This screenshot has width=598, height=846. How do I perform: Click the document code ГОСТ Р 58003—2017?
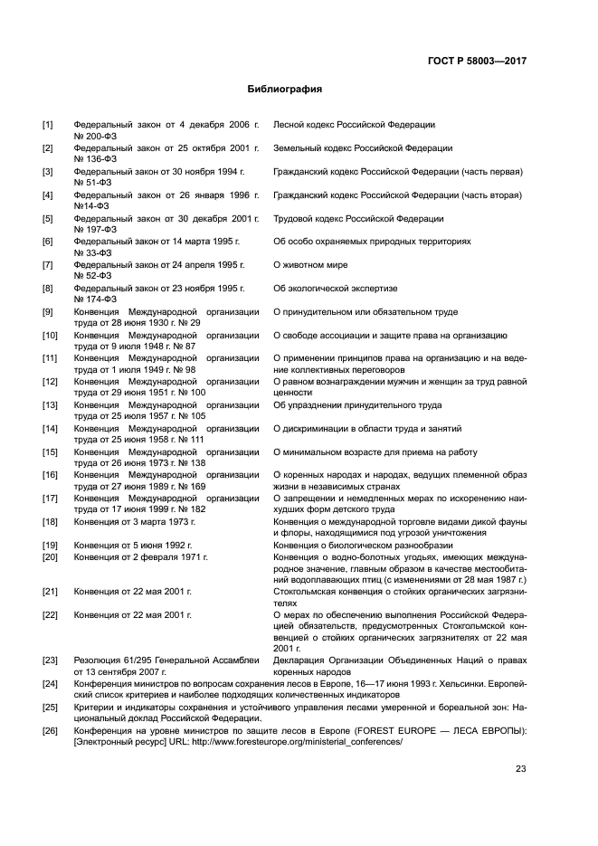pos(477,61)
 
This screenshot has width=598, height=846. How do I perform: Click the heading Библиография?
pos(285,90)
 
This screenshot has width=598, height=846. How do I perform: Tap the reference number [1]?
pos(48,124)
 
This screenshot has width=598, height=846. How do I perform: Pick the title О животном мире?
pos(310,265)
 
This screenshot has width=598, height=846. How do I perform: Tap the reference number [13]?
pos(51,405)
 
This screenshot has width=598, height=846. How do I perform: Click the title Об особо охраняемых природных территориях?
pos(372,242)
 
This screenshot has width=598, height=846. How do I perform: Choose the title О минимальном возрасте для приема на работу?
pos(375,452)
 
